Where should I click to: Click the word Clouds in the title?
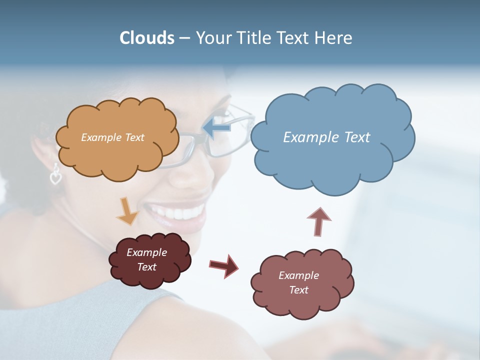pos(147,38)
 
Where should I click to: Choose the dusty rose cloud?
pos(302,300)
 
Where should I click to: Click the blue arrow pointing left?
pos(217,128)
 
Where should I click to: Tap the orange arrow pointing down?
pos(127,210)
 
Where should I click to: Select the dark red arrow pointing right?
pos(224,265)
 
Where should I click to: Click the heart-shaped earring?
pos(55,175)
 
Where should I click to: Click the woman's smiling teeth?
pos(180,213)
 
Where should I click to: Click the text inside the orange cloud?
pos(113,137)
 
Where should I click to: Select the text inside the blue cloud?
pos(326,137)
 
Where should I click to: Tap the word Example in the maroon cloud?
pos(146,252)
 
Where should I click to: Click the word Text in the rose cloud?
pos(298,290)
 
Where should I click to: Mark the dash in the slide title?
pos(184,38)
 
